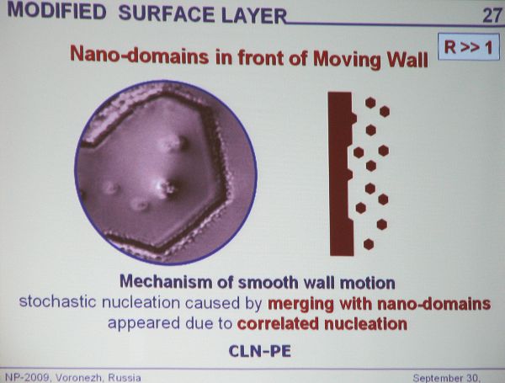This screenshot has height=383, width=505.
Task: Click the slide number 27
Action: (x=492, y=15)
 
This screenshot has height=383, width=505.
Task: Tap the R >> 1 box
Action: (x=469, y=47)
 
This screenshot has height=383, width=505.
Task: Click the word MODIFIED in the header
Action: (x=56, y=10)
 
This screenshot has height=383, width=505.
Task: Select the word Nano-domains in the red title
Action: (x=140, y=55)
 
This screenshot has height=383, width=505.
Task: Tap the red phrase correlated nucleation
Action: (x=322, y=324)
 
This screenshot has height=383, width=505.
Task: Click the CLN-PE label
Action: (x=259, y=351)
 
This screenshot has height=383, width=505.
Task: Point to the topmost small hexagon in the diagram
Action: (x=370, y=103)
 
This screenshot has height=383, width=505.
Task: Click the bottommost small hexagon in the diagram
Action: (x=369, y=244)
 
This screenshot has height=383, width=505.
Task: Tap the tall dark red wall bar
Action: (x=342, y=174)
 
